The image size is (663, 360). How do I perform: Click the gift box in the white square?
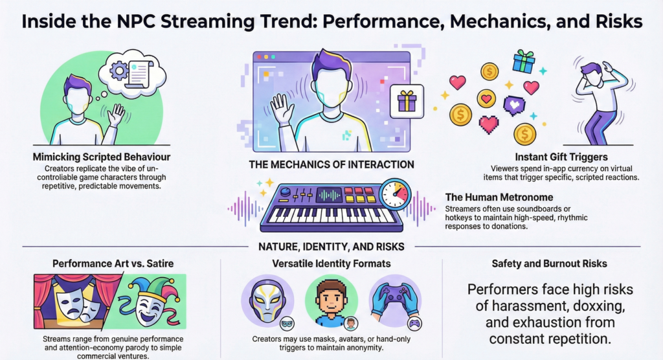407,101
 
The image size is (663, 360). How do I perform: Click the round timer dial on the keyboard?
395,195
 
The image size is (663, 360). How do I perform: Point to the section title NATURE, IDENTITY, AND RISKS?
331,246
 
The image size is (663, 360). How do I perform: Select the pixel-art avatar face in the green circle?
331,302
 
